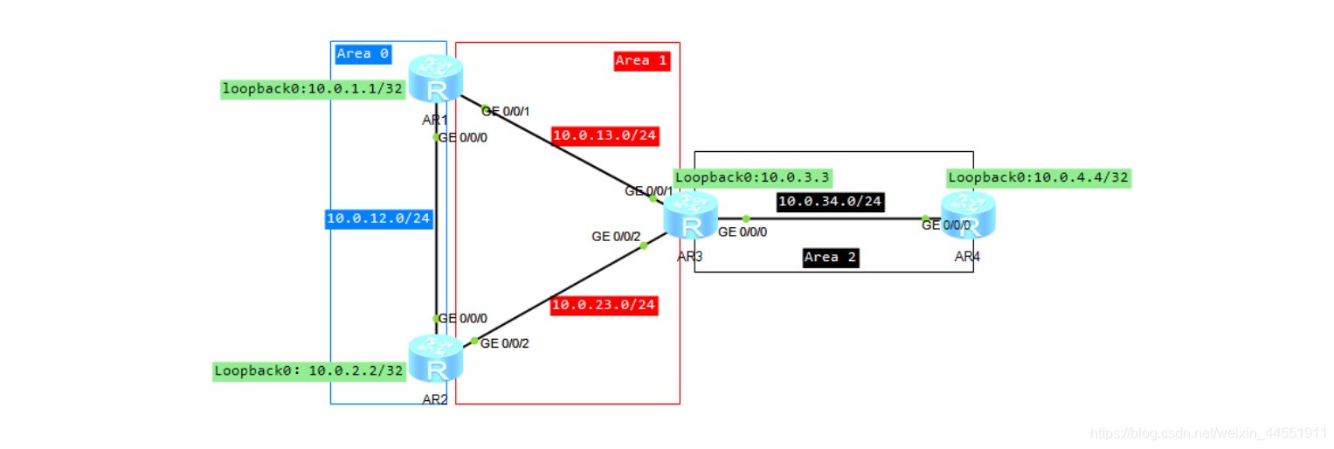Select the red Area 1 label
[x=642, y=60]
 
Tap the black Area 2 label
[x=830, y=258]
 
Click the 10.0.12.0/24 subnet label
[x=379, y=218]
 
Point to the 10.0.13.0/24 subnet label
[x=605, y=135]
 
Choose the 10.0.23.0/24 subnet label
[x=604, y=306]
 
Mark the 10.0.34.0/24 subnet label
[x=830, y=202]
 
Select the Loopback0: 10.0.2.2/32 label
[x=310, y=370]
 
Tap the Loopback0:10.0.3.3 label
[x=751, y=177]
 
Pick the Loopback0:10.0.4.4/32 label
[x=1039, y=178]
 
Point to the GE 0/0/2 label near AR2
[x=505, y=343]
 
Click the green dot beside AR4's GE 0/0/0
[x=925, y=219]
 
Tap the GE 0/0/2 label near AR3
[x=616, y=236]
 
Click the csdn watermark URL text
[x=1210, y=433]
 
